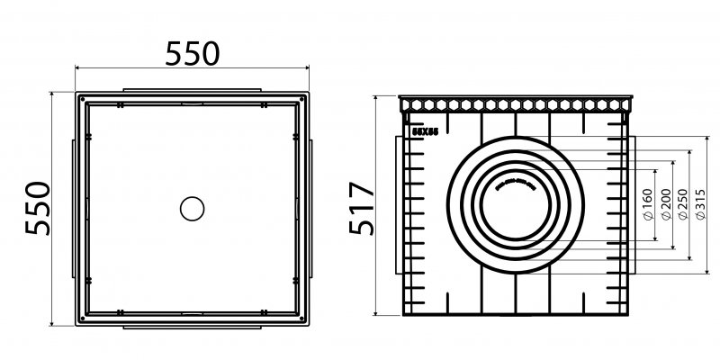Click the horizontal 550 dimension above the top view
pyautogui.click(x=193, y=53)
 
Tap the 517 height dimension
pyautogui.click(x=361, y=208)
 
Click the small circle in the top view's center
pyautogui.click(x=193, y=209)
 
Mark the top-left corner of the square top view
pyautogui.click(x=78, y=94)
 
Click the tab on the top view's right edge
pyautogui.click(x=312, y=209)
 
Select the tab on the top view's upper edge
pyautogui.click(x=193, y=90)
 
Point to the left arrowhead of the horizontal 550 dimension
pyautogui.click(x=78, y=69)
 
